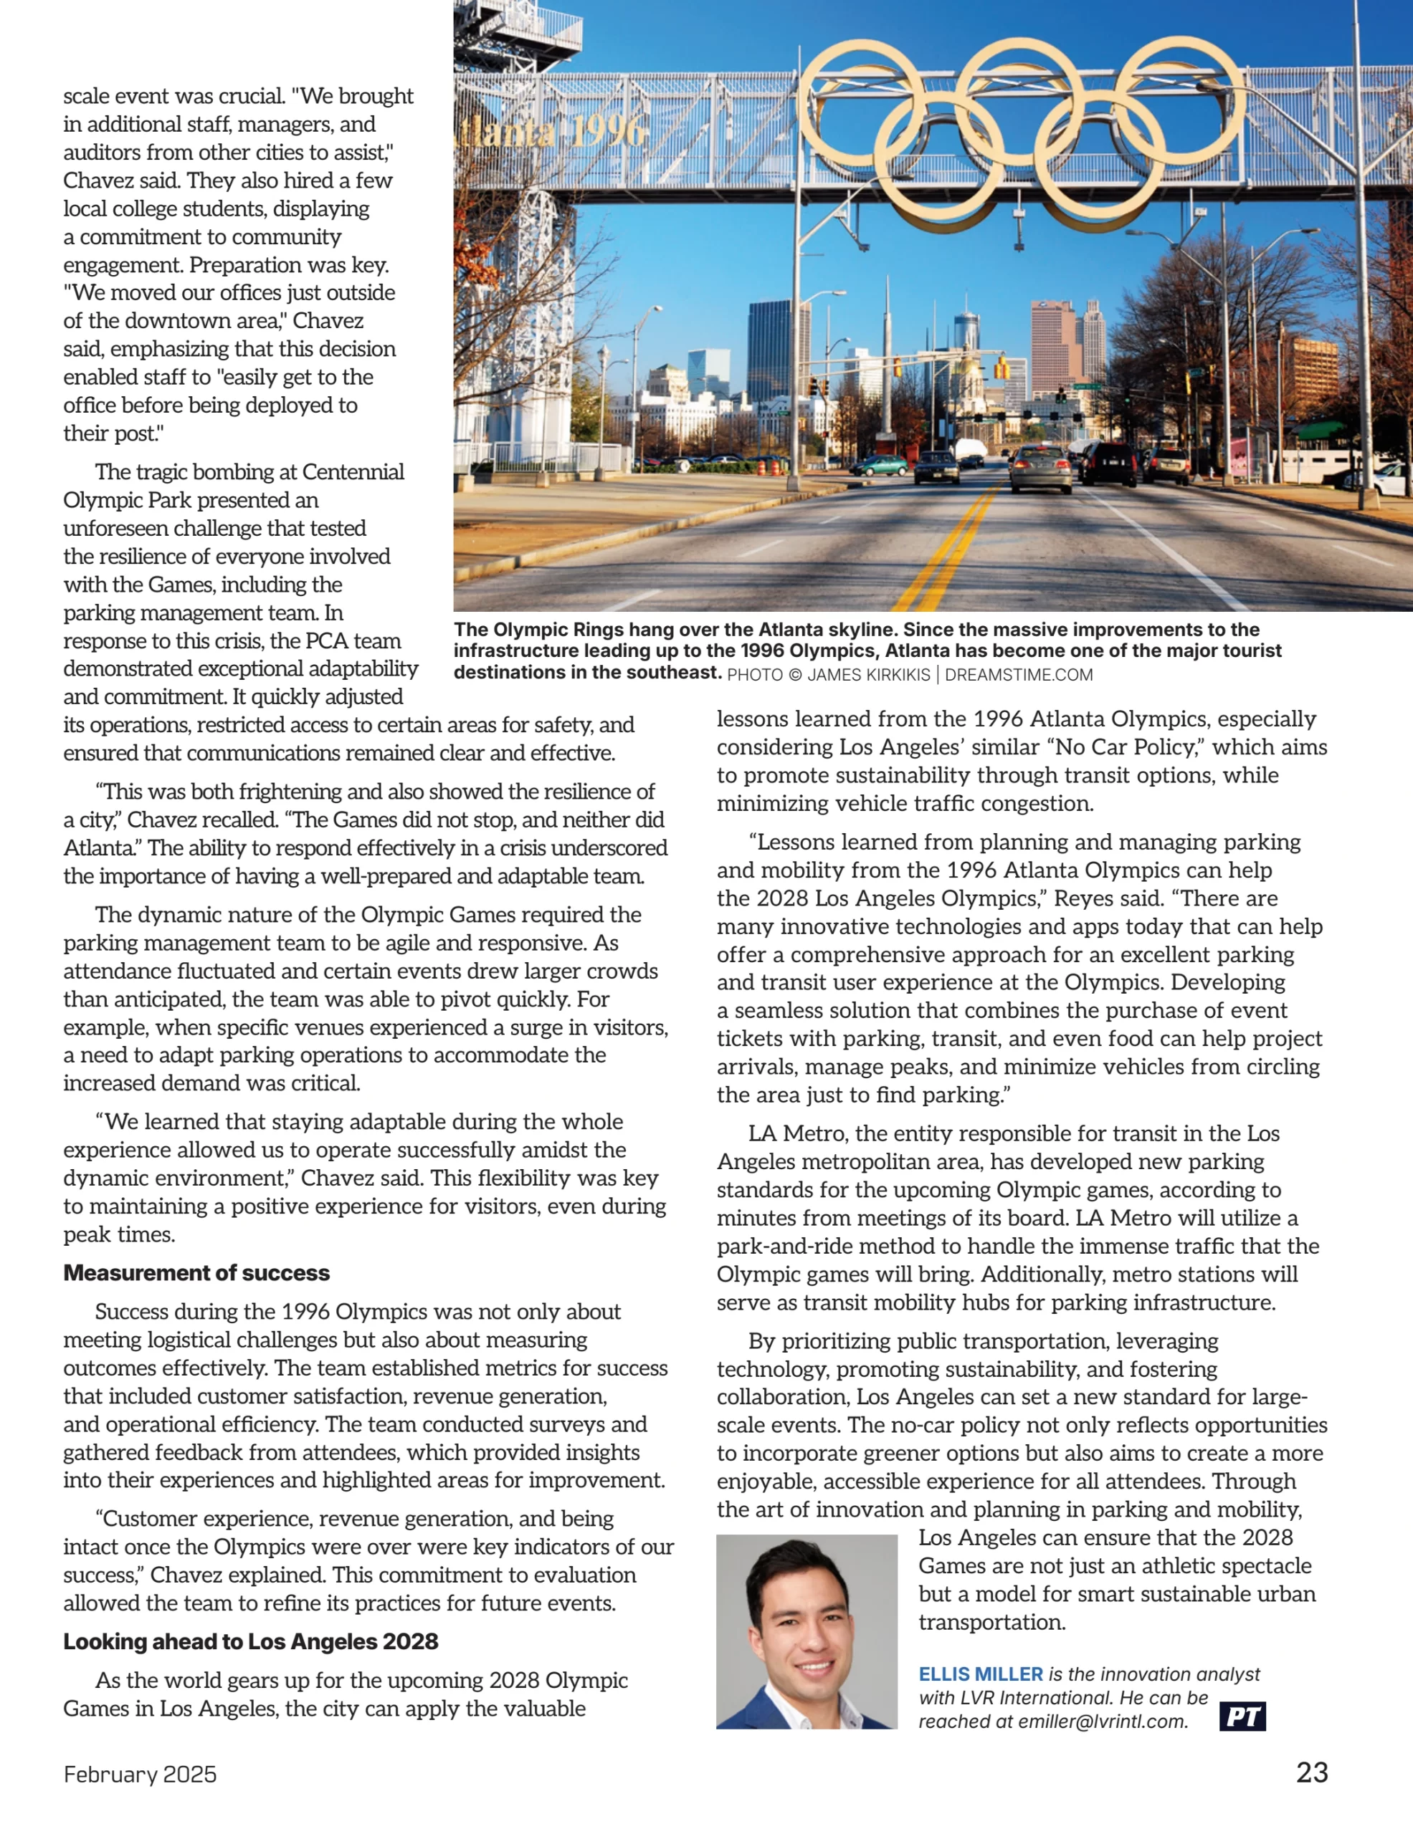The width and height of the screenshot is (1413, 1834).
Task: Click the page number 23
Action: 1311,1772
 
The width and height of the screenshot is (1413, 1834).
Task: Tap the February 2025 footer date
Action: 141,1775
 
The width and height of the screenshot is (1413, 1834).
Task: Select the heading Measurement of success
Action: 196,1273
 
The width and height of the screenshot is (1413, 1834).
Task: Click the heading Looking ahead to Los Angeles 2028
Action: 250,1642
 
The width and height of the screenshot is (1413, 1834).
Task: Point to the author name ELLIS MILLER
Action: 981,1674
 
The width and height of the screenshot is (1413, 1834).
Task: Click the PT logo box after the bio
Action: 1242,1717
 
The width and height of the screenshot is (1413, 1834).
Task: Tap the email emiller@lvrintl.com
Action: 1103,1722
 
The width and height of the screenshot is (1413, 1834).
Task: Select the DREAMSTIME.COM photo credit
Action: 1018,675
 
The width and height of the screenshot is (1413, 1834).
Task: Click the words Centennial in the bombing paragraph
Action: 353,472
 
